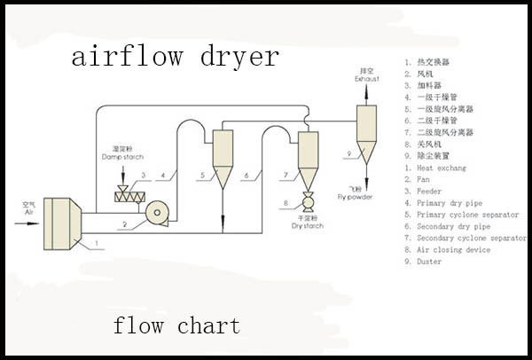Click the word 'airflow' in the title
tap(126, 58)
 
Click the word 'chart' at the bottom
tap(208, 325)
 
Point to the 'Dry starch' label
tap(309, 223)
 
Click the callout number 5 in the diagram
tap(202, 176)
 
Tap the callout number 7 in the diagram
tap(286, 176)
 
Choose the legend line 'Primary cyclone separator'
tap(467, 215)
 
